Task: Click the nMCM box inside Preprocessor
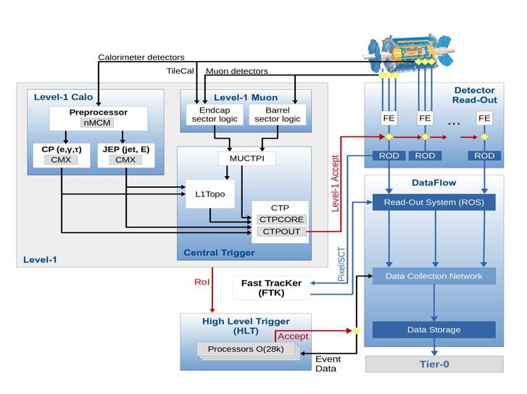tap(97, 123)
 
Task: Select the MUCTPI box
tap(247, 158)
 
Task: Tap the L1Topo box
tap(210, 194)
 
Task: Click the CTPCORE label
tap(281, 219)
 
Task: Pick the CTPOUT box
tap(281, 231)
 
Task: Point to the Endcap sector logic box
tap(215, 115)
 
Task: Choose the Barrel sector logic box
tap(278, 115)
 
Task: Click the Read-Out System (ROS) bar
tap(434, 202)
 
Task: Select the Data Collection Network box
tap(434, 276)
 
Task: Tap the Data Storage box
tap(434, 329)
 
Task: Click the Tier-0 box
tap(434, 364)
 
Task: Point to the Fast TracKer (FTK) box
tap(271, 287)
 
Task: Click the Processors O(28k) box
tap(246, 349)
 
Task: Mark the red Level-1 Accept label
tap(335, 184)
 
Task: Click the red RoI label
tap(202, 282)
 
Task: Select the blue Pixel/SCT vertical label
tap(341, 264)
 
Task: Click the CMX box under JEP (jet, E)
tap(125, 160)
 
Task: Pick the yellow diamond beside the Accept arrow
tap(357, 331)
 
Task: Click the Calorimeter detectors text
tap(141, 57)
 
